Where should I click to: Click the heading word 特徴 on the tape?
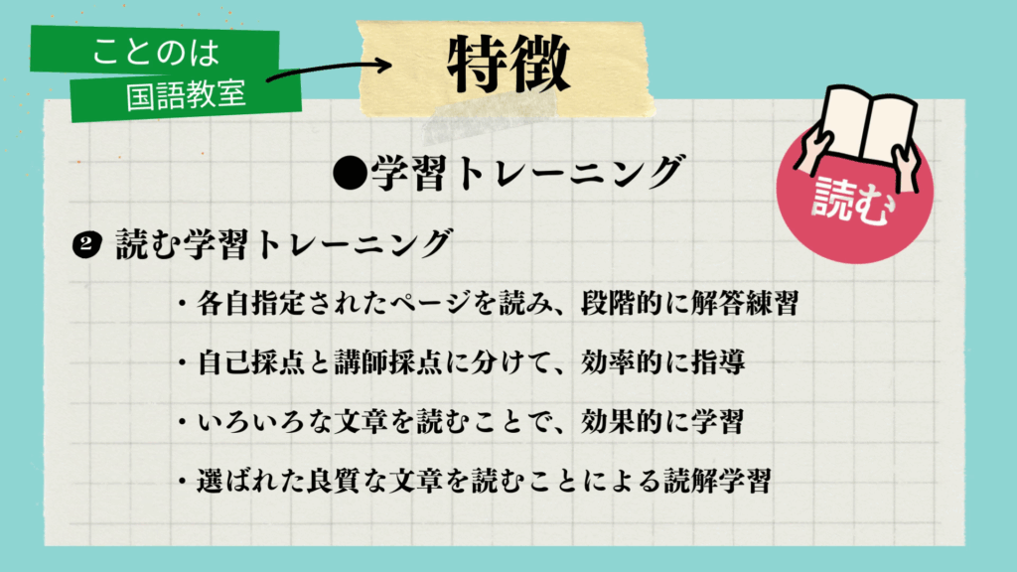[507, 67]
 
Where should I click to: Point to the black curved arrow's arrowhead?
[383, 66]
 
